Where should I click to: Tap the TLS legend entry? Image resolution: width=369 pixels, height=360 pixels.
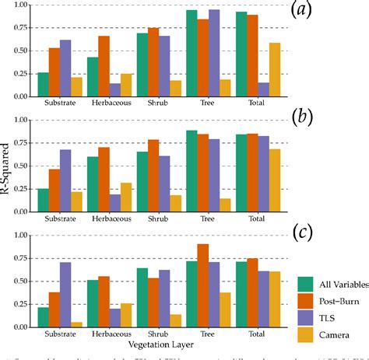click(315, 315)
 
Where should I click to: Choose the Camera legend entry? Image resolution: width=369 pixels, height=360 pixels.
click(322, 333)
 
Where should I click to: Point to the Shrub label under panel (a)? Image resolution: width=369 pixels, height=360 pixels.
click(159, 102)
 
